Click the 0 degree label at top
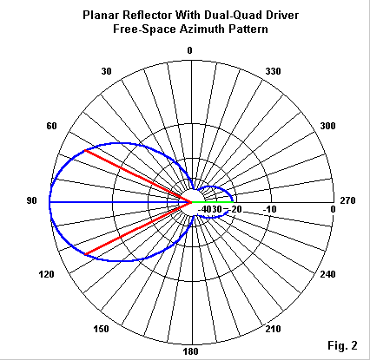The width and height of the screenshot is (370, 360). [189, 50]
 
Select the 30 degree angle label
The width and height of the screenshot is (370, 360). [106, 71]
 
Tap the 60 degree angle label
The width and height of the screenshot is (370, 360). [51, 126]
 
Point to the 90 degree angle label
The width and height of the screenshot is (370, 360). [32, 200]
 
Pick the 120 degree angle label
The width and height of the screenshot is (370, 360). [46, 274]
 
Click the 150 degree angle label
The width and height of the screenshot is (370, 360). [101, 329]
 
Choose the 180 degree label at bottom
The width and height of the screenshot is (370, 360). [191, 351]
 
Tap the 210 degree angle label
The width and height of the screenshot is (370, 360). [273, 329]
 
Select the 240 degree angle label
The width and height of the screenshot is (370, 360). [327, 274]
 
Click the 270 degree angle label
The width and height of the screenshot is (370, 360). [347, 200]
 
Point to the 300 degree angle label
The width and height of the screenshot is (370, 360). [327, 126]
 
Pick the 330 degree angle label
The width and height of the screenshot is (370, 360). [273, 71]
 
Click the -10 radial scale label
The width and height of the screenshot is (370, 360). [269, 209]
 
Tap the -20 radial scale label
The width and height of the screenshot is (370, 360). [235, 209]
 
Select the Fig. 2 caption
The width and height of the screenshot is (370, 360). [342, 345]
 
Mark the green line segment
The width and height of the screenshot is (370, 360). [212, 202]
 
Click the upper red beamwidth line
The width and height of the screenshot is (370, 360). [138, 176]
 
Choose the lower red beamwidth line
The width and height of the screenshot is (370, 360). [138, 228]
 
